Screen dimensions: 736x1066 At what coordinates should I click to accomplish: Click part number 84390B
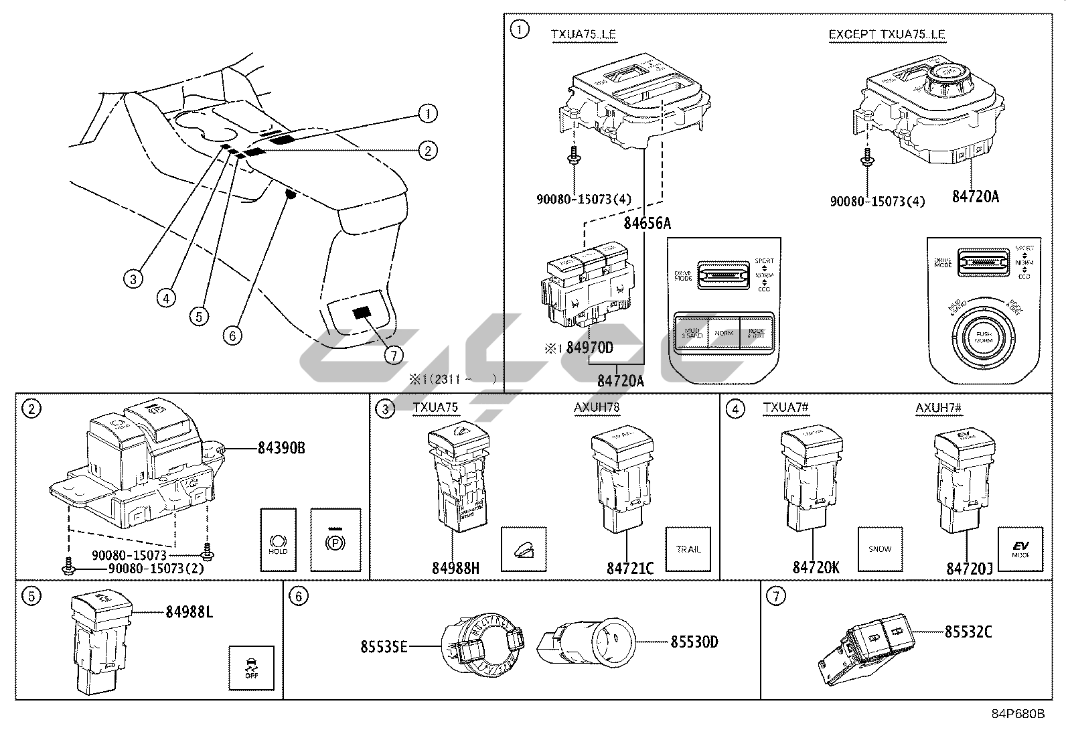(x=281, y=448)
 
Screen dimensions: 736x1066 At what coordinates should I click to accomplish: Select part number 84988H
(x=455, y=568)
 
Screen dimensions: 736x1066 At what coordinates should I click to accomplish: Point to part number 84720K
(x=816, y=567)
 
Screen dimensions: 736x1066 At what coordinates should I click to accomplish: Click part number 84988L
(x=189, y=611)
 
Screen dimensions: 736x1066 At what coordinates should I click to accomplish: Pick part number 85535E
(x=384, y=646)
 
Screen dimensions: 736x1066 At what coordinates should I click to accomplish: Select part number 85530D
(x=694, y=642)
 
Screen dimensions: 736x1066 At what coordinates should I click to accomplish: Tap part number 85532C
(x=968, y=631)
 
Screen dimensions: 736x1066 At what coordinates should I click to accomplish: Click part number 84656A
(x=647, y=223)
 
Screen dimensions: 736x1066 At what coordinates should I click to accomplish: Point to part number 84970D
(x=589, y=348)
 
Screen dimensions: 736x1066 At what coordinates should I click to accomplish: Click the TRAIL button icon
(x=688, y=549)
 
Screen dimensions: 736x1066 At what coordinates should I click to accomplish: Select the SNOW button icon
(x=880, y=549)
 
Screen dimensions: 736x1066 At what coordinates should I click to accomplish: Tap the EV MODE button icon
(x=1021, y=549)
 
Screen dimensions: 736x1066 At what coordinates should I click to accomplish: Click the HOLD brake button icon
(x=277, y=540)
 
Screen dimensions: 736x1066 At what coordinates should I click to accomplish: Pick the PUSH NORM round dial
(x=983, y=337)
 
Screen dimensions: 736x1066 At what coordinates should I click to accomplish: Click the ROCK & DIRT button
(x=755, y=333)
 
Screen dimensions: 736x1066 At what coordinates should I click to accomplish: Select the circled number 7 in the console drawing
(x=394, y=354)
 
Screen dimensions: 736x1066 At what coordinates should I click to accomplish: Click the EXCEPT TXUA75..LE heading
(x=887, y=34)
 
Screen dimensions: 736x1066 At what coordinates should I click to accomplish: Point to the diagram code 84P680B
(x=1018, y=714)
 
